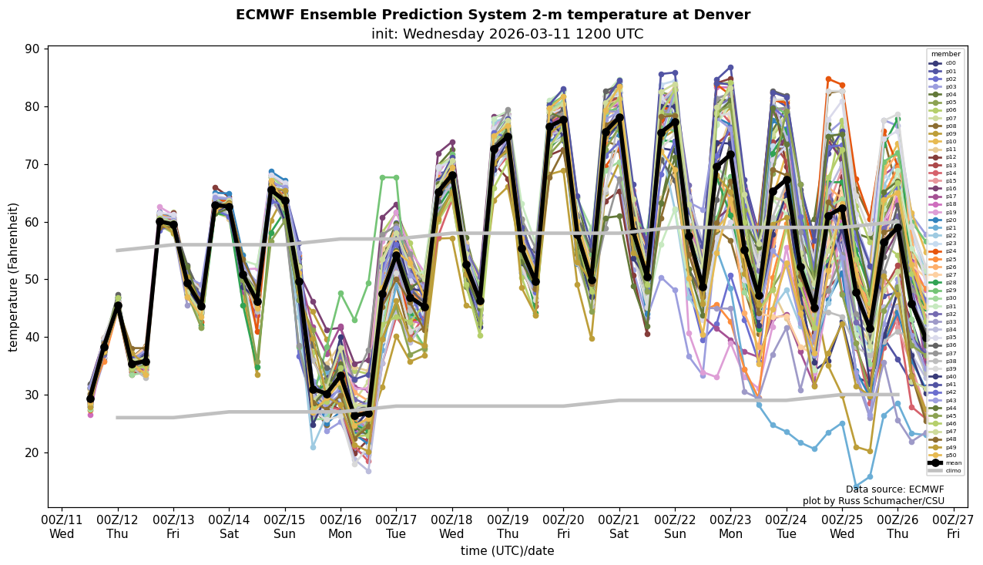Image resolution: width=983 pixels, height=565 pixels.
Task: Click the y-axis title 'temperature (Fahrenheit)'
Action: point(13,277)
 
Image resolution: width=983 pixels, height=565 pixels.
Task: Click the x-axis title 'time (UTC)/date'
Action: point(507,551)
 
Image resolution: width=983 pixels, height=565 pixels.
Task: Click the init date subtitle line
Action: point(507,35)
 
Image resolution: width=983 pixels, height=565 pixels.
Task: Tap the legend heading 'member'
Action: point(945,55)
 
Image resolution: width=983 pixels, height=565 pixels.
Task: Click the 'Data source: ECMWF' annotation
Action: point(894,489)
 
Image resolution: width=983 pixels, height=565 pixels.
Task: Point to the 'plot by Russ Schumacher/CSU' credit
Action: point(873,501)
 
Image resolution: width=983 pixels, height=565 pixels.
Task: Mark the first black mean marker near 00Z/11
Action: point(90,399)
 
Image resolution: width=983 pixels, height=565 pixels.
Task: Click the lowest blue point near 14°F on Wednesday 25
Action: point(856,487)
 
